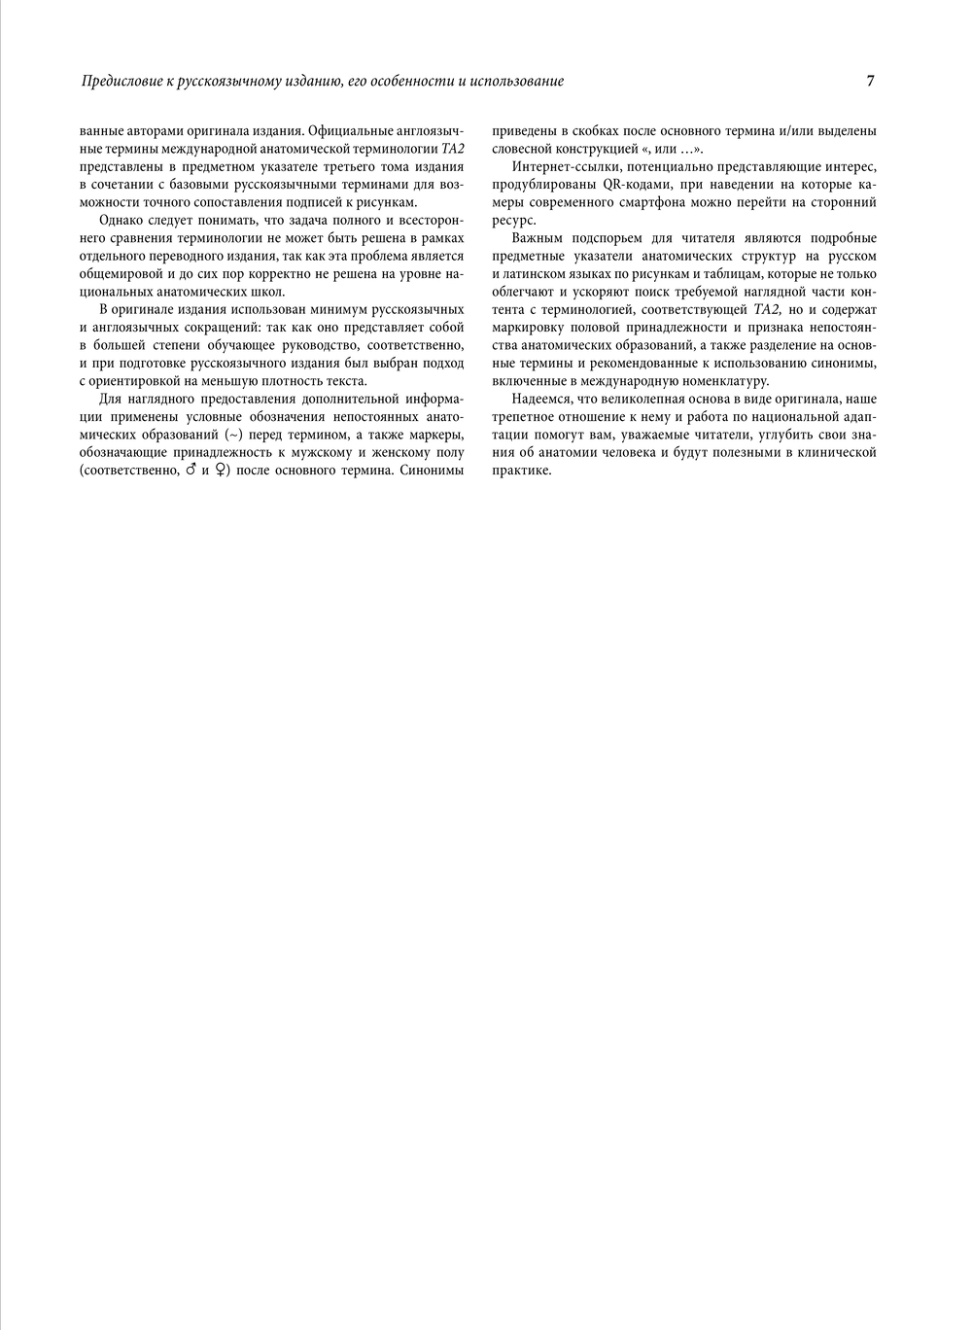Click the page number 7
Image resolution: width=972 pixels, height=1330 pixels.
coord(870,81)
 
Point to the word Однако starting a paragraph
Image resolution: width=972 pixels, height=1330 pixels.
coord(121,220)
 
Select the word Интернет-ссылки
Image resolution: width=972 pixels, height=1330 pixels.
coord(560,166)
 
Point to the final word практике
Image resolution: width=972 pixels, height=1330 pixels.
coord(522,471)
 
